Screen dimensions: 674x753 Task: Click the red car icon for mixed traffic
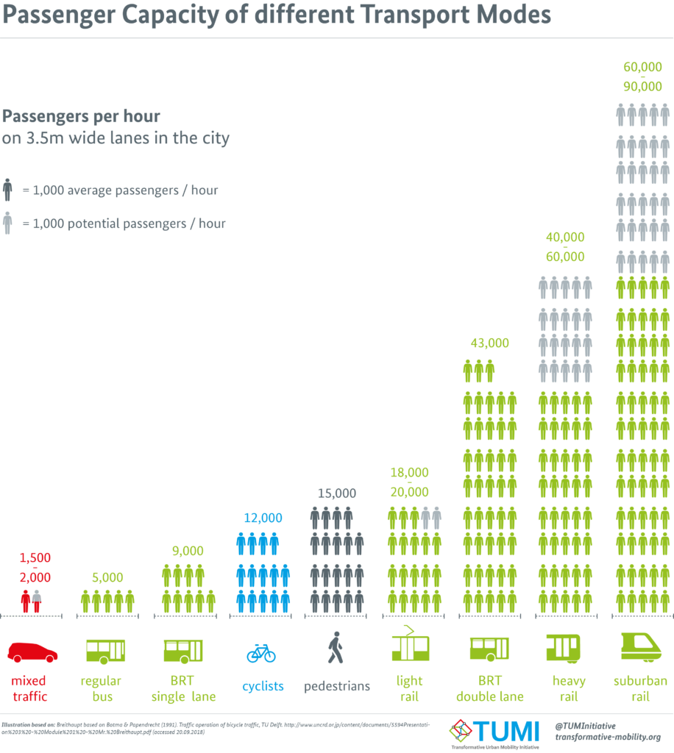pos(32,652)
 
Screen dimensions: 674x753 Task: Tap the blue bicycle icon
pos(261,654)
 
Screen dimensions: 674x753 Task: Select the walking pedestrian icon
pos(336,647)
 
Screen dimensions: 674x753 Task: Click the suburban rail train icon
pos(641,647)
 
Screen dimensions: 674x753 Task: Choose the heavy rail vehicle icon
pos(563,649)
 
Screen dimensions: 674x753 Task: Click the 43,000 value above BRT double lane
pos(489,343)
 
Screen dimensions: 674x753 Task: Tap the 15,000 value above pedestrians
pos(337,493)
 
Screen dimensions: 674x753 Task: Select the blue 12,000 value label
pos(263,518)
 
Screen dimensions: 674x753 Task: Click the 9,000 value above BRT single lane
pos(188,550)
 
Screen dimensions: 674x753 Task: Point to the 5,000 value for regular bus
pos(107,577)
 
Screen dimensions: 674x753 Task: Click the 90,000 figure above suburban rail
pos(642,87)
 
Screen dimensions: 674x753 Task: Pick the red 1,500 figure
pos(35,557)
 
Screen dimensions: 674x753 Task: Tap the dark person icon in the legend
pos(7,190)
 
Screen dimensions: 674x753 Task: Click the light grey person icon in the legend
pos(7,224)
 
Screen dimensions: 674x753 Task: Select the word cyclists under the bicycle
pos(263,686)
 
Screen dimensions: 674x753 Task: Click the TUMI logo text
pos(505,732)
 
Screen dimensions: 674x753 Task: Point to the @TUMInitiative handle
pos(585,726)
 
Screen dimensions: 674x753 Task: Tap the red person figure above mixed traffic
pos(26,602)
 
